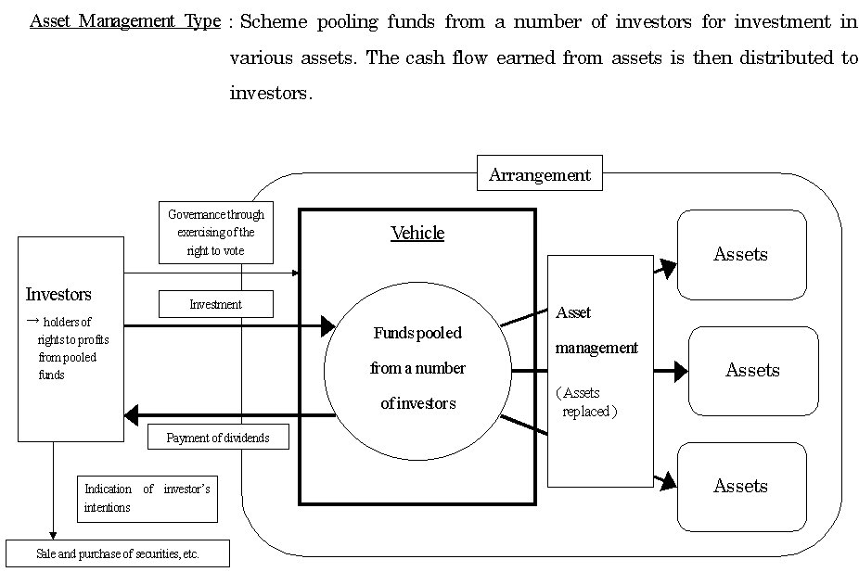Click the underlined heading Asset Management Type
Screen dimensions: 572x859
point(125,21)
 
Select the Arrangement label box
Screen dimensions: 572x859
point(539,174)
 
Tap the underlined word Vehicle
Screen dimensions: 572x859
point(417,233)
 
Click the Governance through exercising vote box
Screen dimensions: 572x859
point(215,233)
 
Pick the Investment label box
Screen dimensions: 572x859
point(215,304)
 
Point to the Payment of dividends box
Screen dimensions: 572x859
point(218,438)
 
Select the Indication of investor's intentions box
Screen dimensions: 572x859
point(147,499)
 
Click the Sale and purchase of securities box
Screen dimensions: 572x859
point(118,554)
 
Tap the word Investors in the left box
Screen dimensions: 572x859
point(58,295)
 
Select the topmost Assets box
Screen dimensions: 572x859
point(740,255)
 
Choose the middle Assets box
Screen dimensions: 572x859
point(752,371)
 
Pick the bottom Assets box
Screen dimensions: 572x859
point(740,487)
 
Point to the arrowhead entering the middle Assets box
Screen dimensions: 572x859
point(681,372)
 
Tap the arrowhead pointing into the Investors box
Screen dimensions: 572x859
point(132,415)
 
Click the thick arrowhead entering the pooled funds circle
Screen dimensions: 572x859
point(327,325)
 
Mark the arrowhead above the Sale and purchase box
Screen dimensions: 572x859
point(53,535)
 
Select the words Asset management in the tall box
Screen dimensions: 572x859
point(596,331)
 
